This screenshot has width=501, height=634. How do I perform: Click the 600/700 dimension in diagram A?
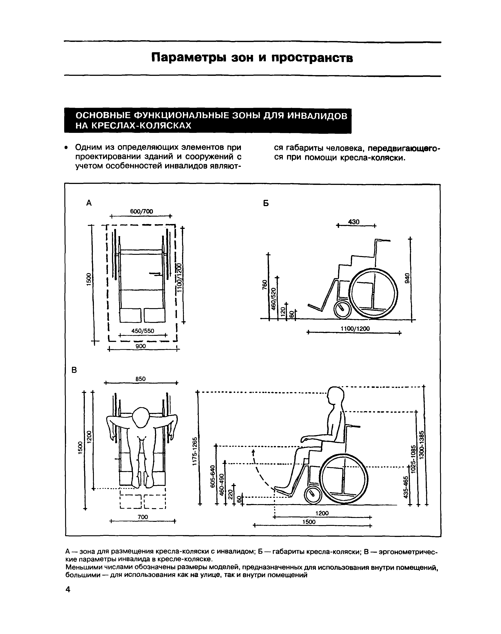click(141, 211)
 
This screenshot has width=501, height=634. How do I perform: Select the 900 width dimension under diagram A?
click(141, 346)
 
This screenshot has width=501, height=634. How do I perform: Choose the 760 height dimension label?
click(265, 285)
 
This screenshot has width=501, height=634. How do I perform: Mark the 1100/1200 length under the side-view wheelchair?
click(355, 329)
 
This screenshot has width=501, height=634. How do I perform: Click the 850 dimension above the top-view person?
click(141, 379)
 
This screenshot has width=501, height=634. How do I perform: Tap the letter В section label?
click(74, 370)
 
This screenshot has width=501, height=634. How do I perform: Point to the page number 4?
click(68, 589)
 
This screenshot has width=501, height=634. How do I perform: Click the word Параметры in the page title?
click(189, 58)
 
